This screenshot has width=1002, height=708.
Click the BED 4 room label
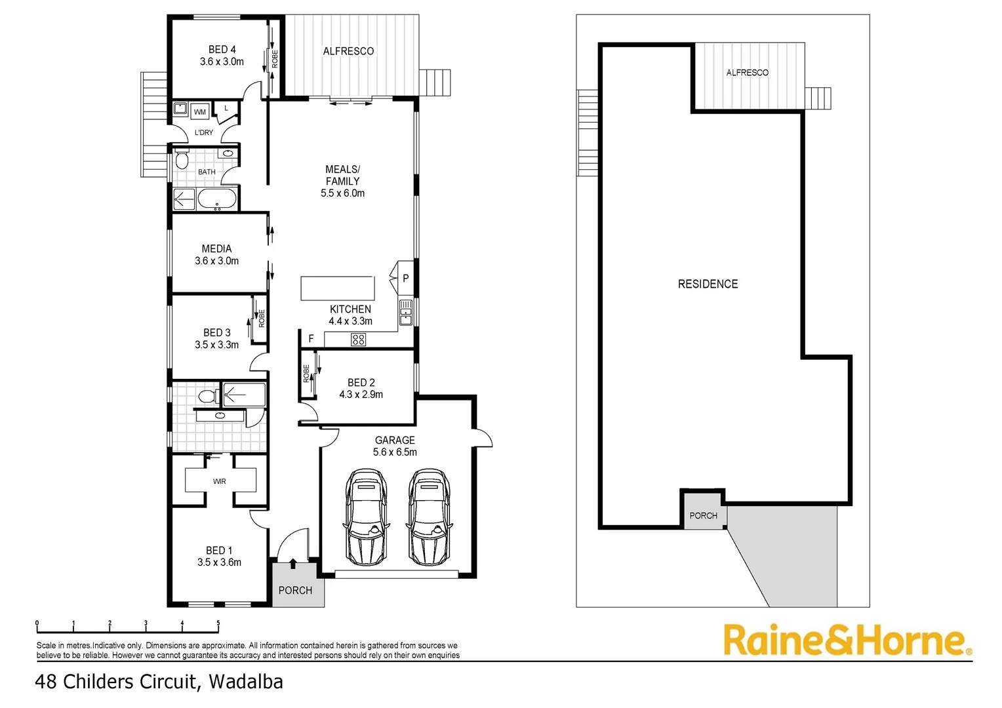point(222,49)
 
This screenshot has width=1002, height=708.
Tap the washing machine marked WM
point(199,112)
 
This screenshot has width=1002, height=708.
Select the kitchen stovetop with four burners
point(358,340)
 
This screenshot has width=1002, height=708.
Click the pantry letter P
point(406,278)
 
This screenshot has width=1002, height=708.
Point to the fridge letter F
point(311,339)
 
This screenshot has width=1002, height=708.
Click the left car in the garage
point(367,517)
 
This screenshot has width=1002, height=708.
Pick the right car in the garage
point(428,517)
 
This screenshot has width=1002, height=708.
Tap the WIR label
point(219,481)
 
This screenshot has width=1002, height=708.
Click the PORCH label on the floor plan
point(295,591)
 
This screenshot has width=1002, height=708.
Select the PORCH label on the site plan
point(703,516)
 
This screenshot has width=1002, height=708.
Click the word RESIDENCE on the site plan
point(708,284)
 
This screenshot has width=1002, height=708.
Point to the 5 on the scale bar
point(218,623)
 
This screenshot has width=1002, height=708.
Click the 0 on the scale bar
point(37,623)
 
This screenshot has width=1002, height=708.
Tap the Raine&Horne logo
point(848,641)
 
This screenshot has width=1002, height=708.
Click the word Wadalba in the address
point(246,682)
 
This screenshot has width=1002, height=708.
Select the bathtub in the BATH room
point(217,199)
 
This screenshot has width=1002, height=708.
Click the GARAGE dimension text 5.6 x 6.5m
point(395,452)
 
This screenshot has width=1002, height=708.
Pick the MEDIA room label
point(216,248)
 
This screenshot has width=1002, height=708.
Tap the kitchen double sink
point(406,312)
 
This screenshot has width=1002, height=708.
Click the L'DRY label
point(203,132)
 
